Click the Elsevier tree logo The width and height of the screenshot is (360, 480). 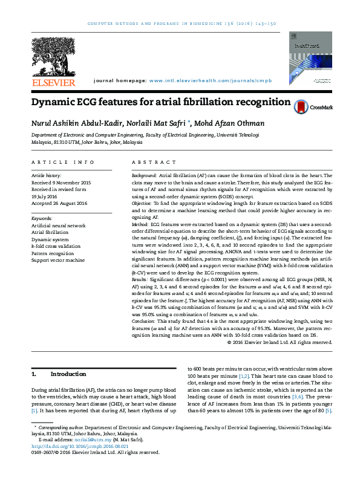click(x=54, y=57)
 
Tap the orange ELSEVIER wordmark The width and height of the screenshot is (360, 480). click(x=54, y=82)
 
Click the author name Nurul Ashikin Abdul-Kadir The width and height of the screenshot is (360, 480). click(x=73, y=124)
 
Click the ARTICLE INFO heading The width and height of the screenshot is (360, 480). click(x=63, y=163)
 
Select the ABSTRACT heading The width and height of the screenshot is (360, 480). click(x=149, y=163)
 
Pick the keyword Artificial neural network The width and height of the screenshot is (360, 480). click(x=59, y=225)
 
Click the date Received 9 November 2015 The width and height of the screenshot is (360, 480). click(x=61, y=182)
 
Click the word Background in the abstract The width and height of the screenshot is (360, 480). click(x=144, y=174)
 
